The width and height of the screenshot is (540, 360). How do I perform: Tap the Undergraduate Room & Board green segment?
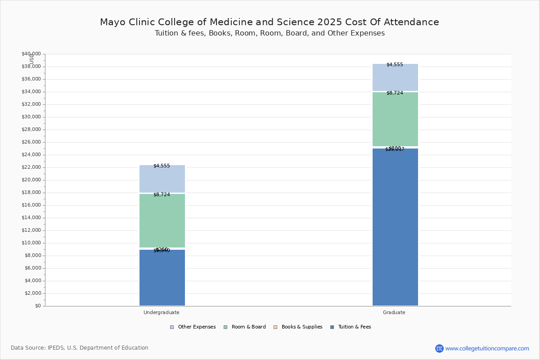tap(162, 220)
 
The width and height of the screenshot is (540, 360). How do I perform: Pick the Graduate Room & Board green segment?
tap(395, 119)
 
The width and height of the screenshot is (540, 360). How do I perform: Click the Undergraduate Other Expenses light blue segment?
tap(162, 179)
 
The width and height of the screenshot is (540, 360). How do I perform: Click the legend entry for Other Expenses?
tap(196, 327)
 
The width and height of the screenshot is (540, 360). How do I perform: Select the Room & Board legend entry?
tap(248, 327)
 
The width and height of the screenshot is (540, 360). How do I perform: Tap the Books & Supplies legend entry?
tap(301, 327)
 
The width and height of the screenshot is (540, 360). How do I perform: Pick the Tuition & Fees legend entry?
tap(354, 327)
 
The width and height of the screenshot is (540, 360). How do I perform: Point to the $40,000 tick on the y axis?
tap(31, 54)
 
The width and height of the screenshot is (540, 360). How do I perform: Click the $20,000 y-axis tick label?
tap(31, 180)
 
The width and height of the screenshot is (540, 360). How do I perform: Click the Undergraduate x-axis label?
tap(162, 312)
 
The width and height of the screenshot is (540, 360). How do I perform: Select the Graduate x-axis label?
tap(394, 312)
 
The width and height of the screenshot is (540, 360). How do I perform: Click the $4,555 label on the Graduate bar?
tap(395, 65)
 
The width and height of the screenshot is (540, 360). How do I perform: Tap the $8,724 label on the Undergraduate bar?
tap(162, 195)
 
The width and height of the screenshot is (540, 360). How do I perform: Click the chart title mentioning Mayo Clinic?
tap(269, 22)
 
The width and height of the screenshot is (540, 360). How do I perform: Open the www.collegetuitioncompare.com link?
tap(487, 348)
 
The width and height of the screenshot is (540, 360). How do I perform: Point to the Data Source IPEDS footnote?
tap(80, 348)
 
